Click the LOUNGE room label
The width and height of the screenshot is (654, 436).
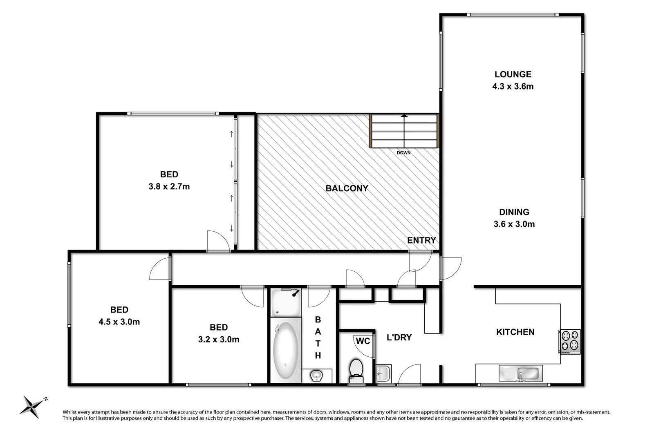(x=513, y=74)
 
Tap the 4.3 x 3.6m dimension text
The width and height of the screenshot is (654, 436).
(x=513, y=87)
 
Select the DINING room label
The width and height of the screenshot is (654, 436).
(x=514, y=212)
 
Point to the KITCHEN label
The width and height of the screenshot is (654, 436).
(x=515, y=332)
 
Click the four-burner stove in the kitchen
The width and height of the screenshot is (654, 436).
(x=570, y=341)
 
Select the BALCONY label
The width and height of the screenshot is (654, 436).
(x=347, y=188)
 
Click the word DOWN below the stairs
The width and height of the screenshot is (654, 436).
(x=404, y=153)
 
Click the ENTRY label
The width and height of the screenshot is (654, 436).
(x=421, y=241)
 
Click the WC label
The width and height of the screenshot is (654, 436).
(x=363, y=341)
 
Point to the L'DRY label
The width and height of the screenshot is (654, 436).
(x=399, y=338)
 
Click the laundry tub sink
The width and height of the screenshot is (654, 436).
(x=383, y=373)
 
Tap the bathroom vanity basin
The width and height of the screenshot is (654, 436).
(x=316, y=375)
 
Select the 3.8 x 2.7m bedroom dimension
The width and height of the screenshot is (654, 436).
(x=169, y=187)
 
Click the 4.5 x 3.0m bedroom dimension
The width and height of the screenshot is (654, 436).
(x=119, y=322)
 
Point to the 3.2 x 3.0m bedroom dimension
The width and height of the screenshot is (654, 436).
(x=219, y=340)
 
